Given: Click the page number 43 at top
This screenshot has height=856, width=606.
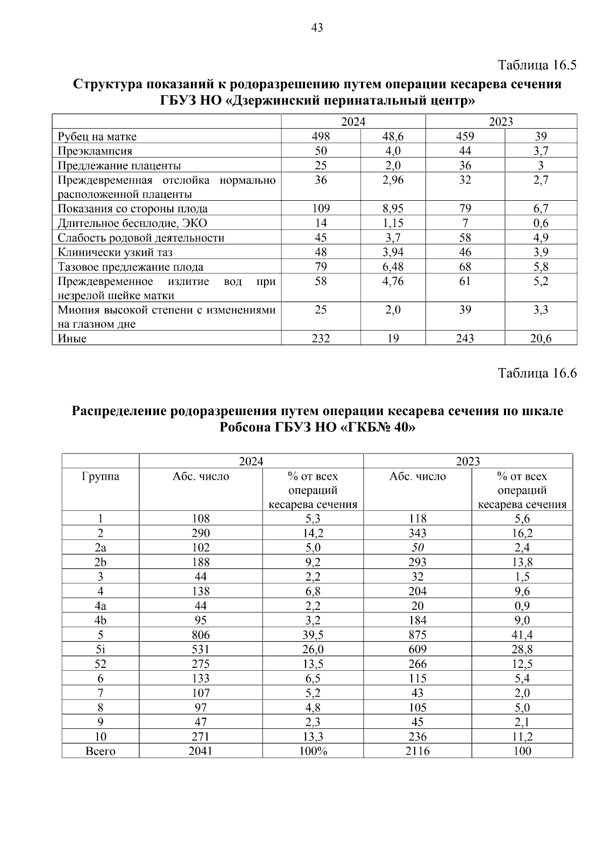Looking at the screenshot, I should (317, 28).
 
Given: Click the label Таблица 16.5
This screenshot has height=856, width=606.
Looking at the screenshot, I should (537, 65).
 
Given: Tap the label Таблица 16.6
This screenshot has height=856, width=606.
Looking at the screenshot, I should (537, 373).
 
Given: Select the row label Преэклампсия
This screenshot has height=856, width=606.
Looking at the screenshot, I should (95, 151).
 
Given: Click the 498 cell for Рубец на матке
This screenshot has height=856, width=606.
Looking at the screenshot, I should (321, 136).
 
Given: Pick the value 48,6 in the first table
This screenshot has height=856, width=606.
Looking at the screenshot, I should (393, 136).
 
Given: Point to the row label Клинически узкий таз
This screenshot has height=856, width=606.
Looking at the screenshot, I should (115, 252).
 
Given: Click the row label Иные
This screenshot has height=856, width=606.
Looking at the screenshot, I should (72, 338).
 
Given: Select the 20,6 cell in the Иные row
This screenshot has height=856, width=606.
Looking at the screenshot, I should (540, 338).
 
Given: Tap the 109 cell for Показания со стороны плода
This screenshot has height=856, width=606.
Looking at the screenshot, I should (321, 209).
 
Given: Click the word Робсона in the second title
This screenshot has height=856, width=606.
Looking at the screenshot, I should (245, 428).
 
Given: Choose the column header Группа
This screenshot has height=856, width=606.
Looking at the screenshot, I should (100, 476).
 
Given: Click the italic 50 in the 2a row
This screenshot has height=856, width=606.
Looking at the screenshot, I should (417, 548).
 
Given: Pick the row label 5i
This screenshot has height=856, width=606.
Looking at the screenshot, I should (100, 649).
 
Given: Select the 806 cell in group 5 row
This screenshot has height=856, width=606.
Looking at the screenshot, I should (200, 635).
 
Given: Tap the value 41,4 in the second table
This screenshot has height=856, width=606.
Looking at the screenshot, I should (522, 635).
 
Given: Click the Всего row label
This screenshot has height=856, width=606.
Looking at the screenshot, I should (100, 751).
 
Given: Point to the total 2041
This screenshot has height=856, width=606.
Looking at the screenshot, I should (200, 751).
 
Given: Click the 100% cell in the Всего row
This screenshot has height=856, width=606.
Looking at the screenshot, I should (313, 751).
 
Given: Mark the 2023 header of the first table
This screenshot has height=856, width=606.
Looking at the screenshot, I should (501, 122).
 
